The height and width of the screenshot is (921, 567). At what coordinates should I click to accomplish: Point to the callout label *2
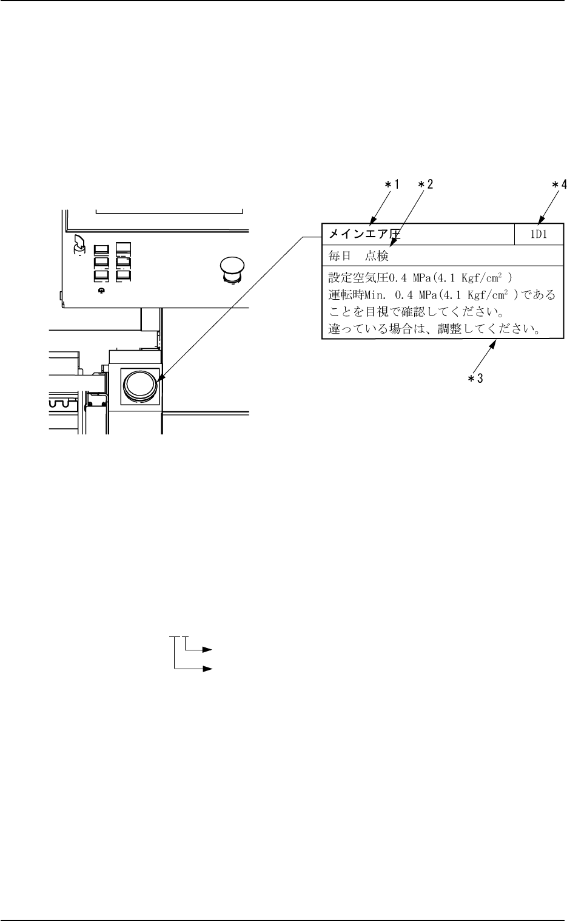click(x=424, y=186)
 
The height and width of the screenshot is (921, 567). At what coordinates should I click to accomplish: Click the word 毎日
click(x=340, y=256)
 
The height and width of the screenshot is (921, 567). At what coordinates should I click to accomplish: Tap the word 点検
click(x=377, y=256)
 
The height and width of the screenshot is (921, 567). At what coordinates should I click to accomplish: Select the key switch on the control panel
click(x=78, y=244)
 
